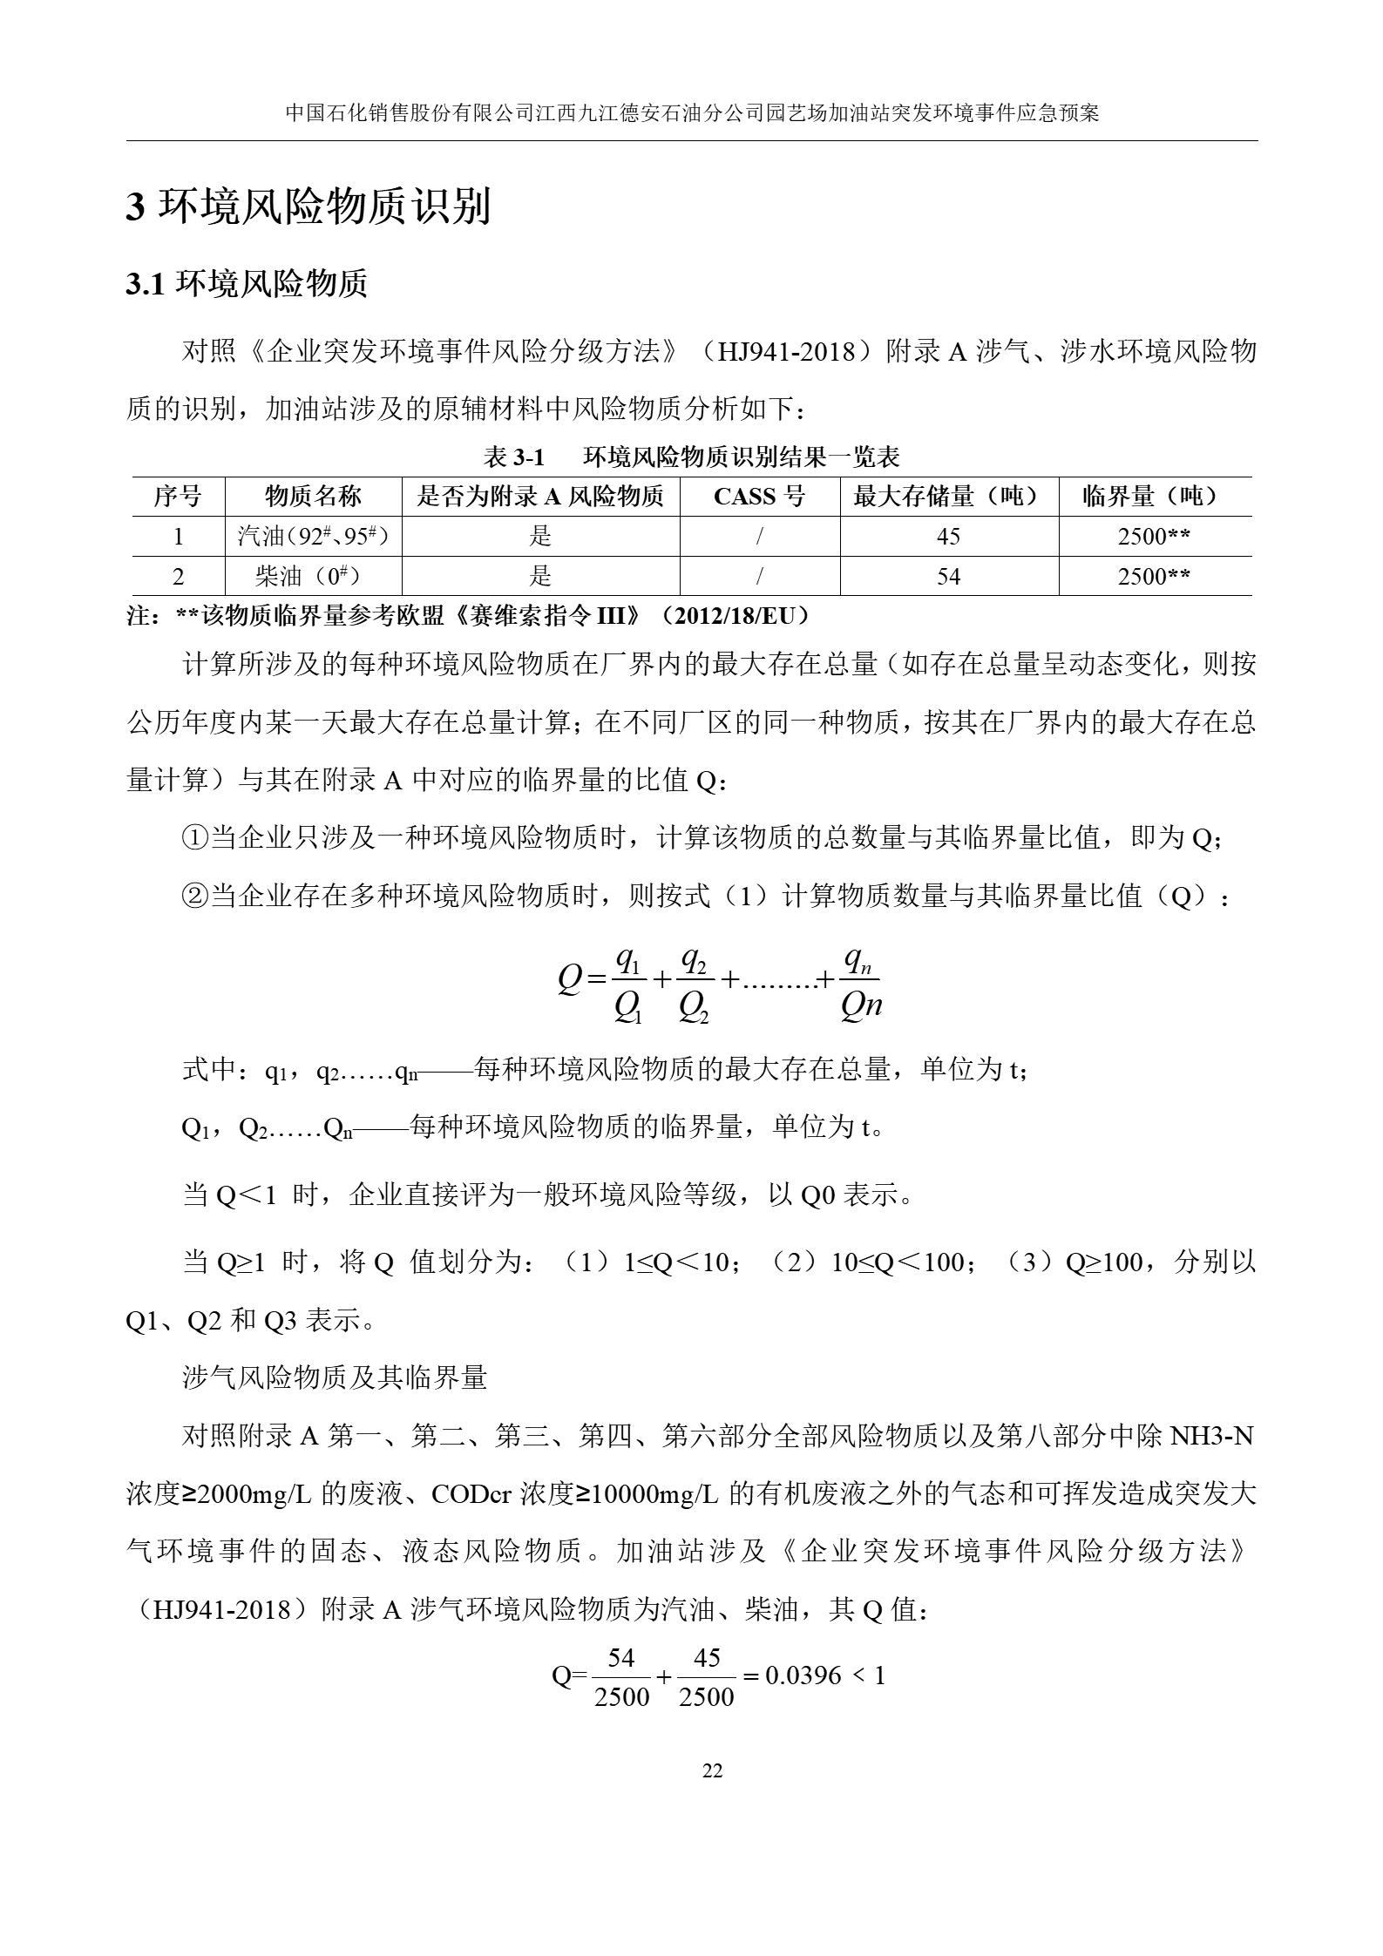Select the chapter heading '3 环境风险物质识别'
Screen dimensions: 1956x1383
308,207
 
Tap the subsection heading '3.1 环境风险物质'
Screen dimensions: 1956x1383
247,284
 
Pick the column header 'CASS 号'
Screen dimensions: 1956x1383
759,497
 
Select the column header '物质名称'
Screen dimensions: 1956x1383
313,497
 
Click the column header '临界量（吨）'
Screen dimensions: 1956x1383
1154,497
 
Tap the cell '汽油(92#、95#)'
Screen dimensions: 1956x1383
313,536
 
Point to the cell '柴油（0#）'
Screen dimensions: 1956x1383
313,576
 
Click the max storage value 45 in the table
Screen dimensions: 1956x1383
948,536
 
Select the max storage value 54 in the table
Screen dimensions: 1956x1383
948,576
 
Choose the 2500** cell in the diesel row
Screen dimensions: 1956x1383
1154,576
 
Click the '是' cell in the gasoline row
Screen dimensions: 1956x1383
540,536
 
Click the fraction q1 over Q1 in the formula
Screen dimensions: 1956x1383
628,983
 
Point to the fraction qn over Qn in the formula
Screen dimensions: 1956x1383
861,983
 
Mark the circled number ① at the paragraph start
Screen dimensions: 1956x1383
194,838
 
